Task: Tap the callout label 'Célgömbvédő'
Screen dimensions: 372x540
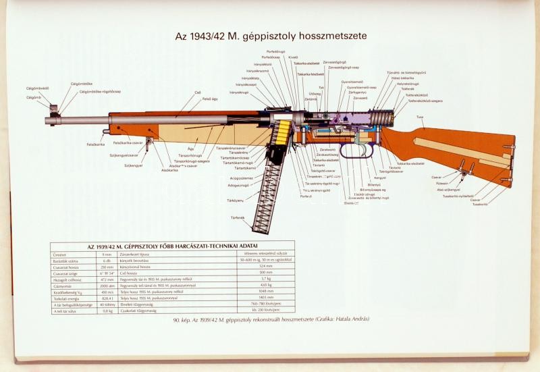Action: (x=38, y=88)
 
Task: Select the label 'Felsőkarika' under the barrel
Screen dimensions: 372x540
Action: (x=95, y=144)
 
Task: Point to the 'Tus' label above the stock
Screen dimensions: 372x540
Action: (x=420, y=117)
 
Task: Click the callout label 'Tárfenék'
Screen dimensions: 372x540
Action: (x=238, y=217)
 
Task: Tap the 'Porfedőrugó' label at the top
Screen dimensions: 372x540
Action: (x=277, y=51)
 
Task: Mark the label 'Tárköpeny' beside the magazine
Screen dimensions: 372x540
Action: (x=236, y=200)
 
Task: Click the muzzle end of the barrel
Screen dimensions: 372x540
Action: (x=49, y=119)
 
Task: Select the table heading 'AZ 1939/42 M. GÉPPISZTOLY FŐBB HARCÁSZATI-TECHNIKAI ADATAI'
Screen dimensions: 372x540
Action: (x=173, y=246)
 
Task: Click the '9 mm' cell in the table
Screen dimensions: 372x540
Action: (x=107, y=255)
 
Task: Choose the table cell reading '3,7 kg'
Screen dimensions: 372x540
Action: (x=265, y=277)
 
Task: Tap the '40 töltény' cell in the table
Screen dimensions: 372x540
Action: (x=107, y=306)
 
